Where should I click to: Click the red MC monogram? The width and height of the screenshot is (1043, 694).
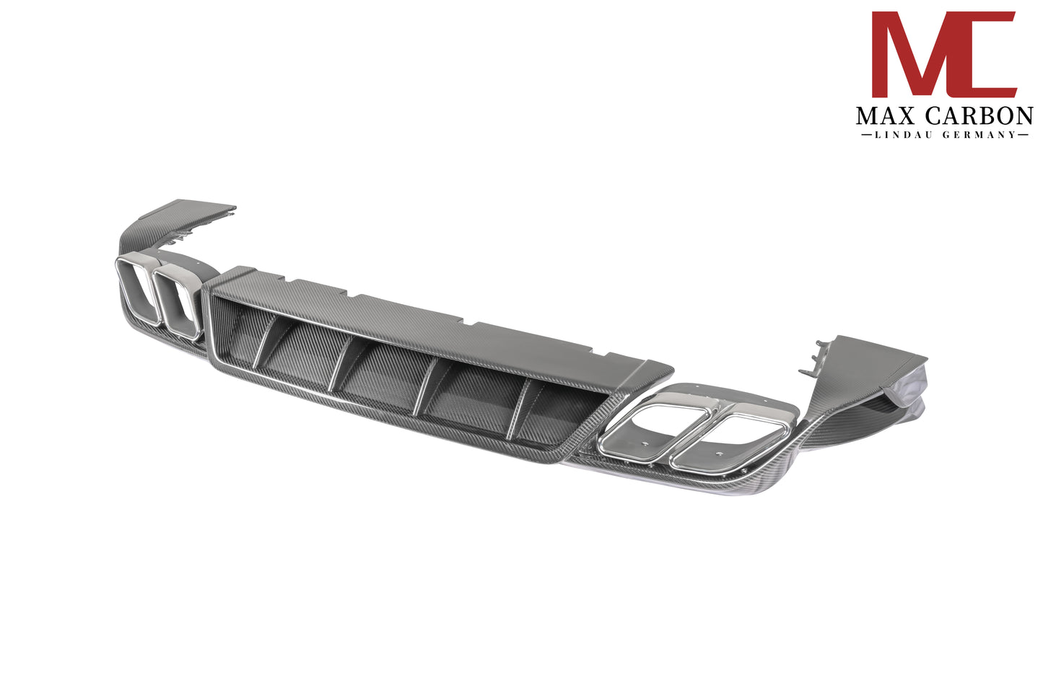click(x=944, y=54)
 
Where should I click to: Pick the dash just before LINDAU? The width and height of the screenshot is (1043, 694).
click(x=864, y=135)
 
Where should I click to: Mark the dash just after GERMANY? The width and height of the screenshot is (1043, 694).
click(x=1022, y=135)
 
